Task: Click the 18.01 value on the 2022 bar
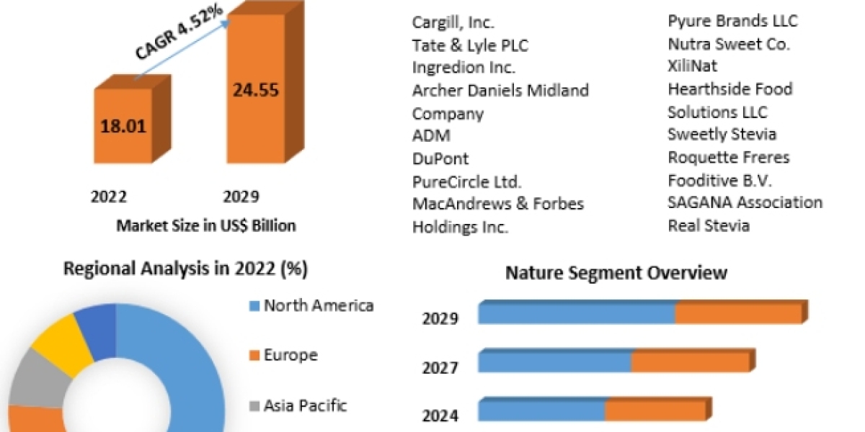point(123,127)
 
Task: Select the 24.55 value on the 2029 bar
point(255,90)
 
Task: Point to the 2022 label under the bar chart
point(109,197)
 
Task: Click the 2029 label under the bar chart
point(241,197)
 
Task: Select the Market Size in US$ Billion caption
point(206,225)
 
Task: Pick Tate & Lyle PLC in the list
point(470,45)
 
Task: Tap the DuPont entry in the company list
point(440,158)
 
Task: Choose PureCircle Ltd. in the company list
point(467,181)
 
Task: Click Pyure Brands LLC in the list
point(733,20)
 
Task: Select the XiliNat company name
point(693,66)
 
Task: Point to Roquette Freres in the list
point(729,158)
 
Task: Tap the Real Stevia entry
point(709,225)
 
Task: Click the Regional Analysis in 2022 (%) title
point(186,269)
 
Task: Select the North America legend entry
point(318,305)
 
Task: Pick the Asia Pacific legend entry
point(305,405)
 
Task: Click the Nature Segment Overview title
point(616,273)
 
